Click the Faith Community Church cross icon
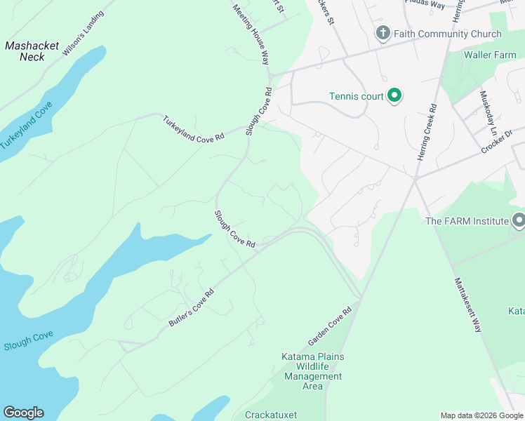coord(383,34)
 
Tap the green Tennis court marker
coord(394,95)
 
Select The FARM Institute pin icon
coord(518,221)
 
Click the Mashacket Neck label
coord(32,51)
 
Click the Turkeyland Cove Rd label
coord(193,128)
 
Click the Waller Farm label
coord(489,55)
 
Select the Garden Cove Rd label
coord(329,326)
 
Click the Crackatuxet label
coord(271,415)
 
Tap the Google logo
coord(23,413)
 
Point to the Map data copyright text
coord(481,415)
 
